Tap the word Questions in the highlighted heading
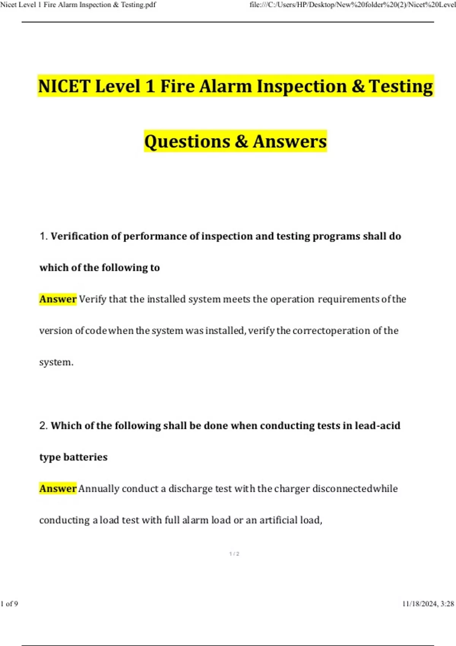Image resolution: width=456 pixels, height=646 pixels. point(187,141)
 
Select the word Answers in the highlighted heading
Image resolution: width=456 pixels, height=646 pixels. point(290,141)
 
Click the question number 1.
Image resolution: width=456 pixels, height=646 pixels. point(43,236)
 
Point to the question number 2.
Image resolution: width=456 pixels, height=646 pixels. point(43,426)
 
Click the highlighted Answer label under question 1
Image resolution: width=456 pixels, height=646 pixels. point(58,299)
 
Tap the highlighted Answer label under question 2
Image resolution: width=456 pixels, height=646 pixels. point(58,489)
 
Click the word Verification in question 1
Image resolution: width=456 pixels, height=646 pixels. point(79,236)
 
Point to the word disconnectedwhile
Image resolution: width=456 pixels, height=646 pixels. point(355,489)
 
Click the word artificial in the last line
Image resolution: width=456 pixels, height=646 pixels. point(279,520)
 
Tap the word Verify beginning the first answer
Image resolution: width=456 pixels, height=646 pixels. point(93,299)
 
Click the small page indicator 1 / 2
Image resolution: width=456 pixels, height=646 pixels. point(234,554)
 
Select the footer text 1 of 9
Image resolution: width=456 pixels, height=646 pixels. point(9,604)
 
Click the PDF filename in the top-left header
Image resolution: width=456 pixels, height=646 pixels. point(78,5)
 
